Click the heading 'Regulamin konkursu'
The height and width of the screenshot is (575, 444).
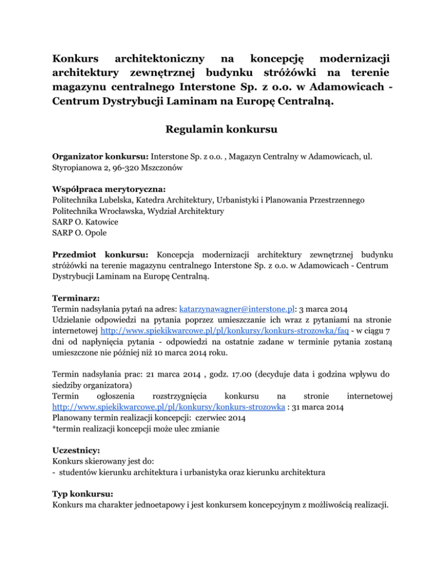(x=223, y=130)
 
